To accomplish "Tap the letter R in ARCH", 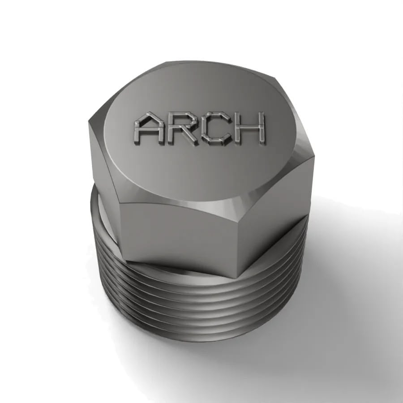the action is pyautogui.click(x=182, y=128).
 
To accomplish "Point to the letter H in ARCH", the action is pyautogui.click(x=249, y=127).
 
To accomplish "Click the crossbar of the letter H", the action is pyautogui.click(x=249, y=127).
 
